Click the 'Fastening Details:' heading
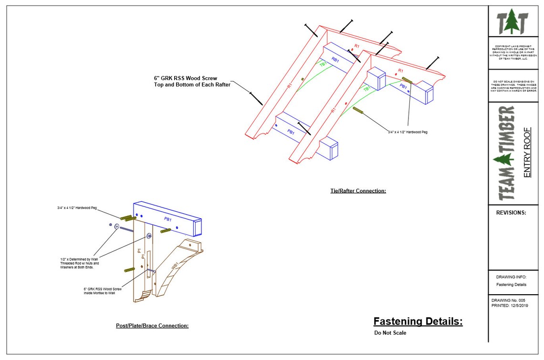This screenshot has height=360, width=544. [418, 321]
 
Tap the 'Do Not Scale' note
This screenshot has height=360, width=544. [390, 333]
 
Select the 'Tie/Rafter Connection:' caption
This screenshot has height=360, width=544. [357, 191]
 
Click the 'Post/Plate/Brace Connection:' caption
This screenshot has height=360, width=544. [152, 326]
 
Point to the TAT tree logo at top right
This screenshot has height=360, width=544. [512, 22]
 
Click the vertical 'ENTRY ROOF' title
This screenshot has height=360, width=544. [527, 152]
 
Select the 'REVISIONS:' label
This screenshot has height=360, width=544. [511, 213]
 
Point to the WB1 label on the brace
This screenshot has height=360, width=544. [175, 266]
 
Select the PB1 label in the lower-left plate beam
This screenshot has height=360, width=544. [167, 219]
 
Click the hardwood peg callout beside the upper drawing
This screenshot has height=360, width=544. [408, 132]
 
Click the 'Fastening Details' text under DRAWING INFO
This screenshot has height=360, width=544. [511, 285]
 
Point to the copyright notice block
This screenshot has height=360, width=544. [513, 52]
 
